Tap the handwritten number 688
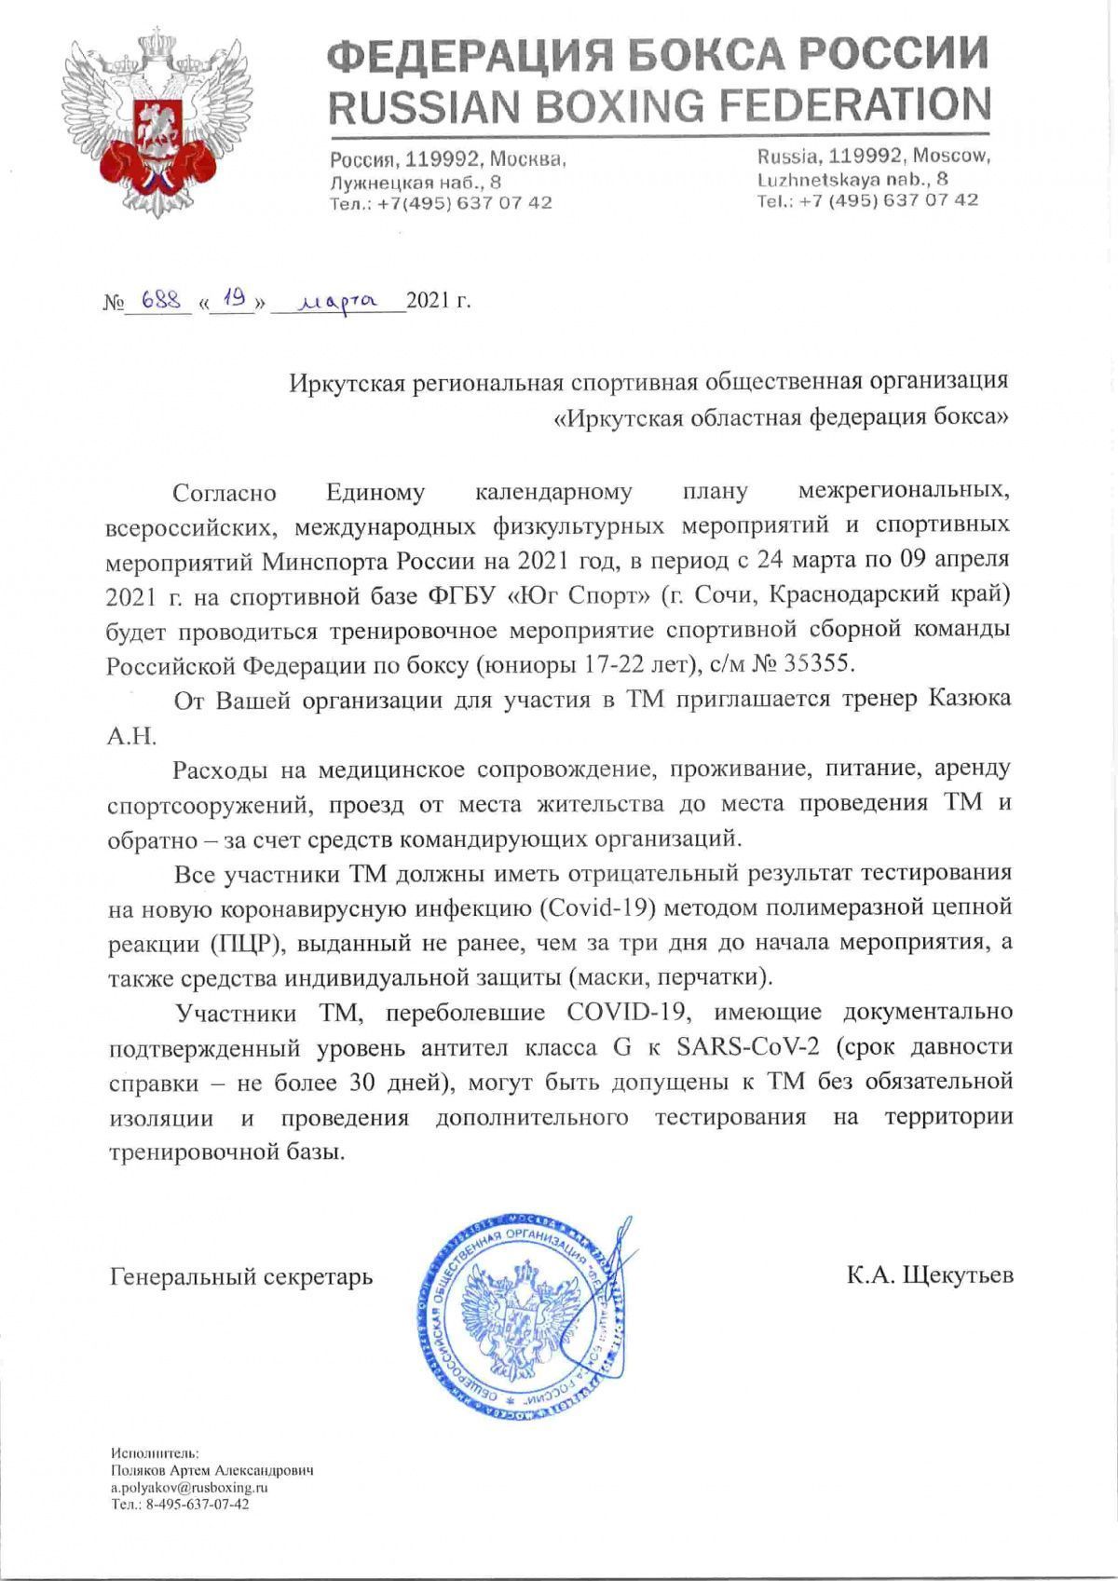coord(157,302)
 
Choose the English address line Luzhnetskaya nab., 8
coord(852,179)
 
